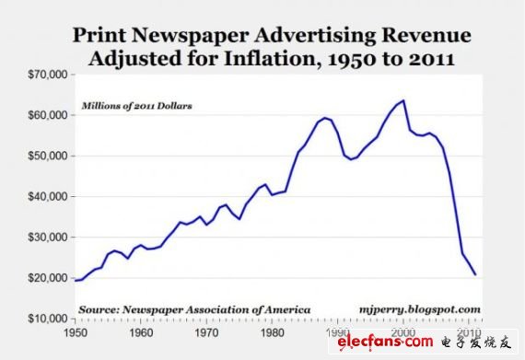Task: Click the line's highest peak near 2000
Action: click(402, 100)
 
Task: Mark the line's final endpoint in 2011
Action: click(475, 274)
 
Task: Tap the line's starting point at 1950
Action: click(76, 280)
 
